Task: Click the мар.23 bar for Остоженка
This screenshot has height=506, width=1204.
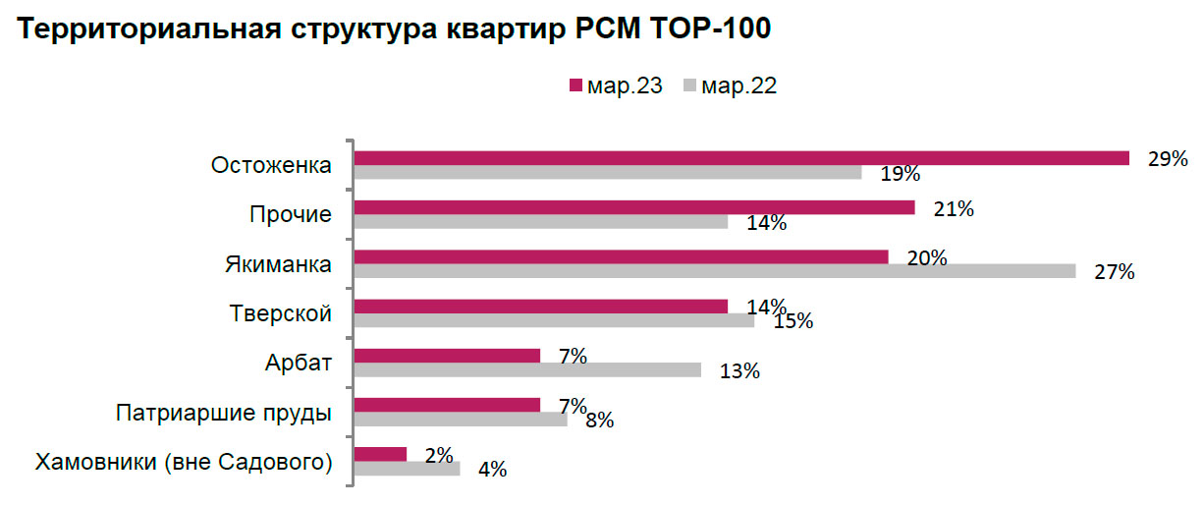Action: (741, 158)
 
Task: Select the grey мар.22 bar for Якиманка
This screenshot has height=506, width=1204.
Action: (715, 271)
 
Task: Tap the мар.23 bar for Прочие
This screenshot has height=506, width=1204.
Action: (634, 207)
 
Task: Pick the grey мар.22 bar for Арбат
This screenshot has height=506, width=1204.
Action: (527, 369)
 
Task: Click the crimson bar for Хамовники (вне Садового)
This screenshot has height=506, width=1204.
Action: (380, 453)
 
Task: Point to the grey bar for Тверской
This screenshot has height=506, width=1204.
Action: (554, 320)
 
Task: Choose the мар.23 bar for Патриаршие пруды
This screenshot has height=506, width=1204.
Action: (447, 404)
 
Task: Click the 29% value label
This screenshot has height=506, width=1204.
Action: (1169, 158)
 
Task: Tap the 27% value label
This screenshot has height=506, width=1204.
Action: (1115, 272)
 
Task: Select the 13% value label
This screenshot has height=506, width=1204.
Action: (739, 370)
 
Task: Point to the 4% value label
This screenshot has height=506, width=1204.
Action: (492, 470)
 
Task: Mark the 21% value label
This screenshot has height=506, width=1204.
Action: (954, 207)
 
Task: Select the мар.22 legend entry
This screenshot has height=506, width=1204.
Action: (731, 86)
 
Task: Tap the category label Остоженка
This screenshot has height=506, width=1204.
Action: (272, 165)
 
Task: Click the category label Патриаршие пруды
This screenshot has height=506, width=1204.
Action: (223, 412)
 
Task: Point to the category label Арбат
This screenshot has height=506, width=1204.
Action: (300, 363)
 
